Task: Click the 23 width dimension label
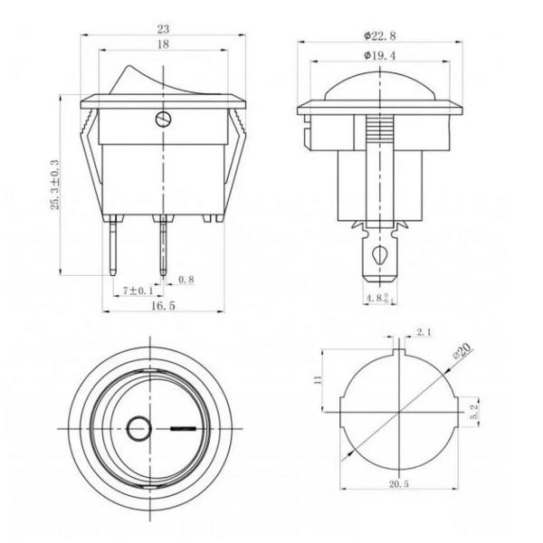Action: (x=163, y=30)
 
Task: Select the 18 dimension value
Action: (x=163, y=44)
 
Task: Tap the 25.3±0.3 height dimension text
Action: (x=54, y=185)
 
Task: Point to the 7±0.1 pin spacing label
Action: (x=138, y=291)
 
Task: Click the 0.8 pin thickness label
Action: (x=186, y=280)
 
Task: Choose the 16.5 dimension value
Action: (x=163, y=306)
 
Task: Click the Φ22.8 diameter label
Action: (x=379, y=35)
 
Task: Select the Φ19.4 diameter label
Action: (x=379, y=55)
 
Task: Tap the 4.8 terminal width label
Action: (x=378, y=298)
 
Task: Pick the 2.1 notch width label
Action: (x=424, y=332)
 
